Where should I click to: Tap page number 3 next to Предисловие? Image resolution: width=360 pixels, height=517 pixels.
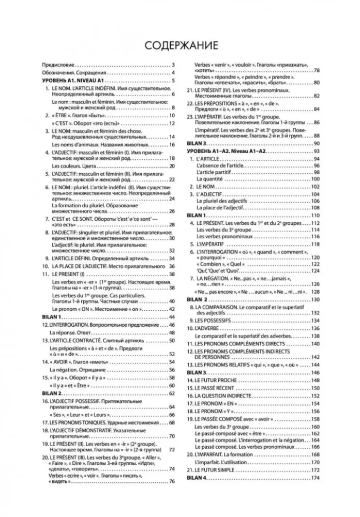tap(174, 65)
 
